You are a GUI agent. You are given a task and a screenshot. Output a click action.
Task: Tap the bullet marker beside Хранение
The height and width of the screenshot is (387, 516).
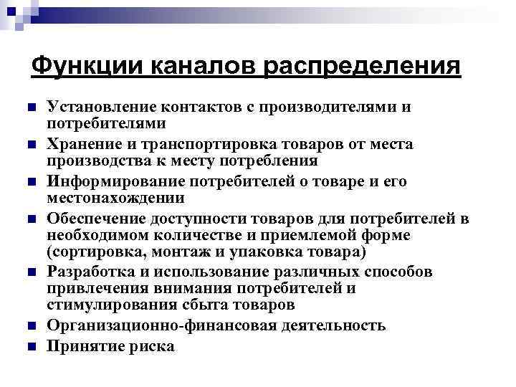tap(31, 145)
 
